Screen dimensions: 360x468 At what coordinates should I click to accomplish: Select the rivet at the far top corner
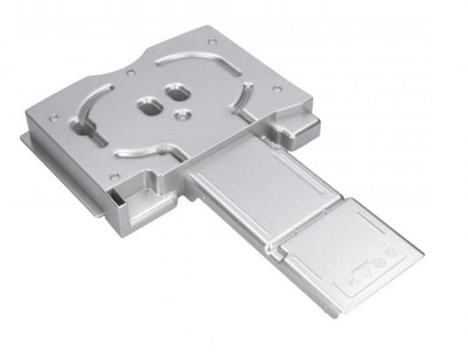click(x=212, y=41)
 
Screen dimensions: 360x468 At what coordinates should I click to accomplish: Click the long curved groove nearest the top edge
click(x=194, y=60)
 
